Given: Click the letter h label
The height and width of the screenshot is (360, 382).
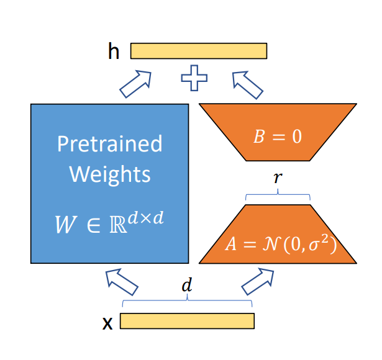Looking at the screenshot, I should coord(114,51).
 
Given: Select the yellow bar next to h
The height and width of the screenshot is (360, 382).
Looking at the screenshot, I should coord(198,51).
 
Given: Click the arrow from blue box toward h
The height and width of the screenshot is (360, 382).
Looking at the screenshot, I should coord(135,84).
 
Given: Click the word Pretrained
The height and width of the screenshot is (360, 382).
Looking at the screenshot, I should coord(109,144).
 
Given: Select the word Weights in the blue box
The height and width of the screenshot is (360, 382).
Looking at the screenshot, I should coord(109,174).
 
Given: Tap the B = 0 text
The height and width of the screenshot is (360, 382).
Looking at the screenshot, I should coord(277,137).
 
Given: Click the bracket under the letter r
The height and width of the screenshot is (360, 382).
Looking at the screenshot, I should coord(277,195).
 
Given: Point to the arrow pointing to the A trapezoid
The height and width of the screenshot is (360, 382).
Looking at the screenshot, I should coord(257,281).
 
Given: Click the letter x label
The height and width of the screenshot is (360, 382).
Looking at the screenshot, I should coord(107,322).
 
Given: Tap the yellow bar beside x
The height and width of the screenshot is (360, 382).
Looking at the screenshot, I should coord(186,321).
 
